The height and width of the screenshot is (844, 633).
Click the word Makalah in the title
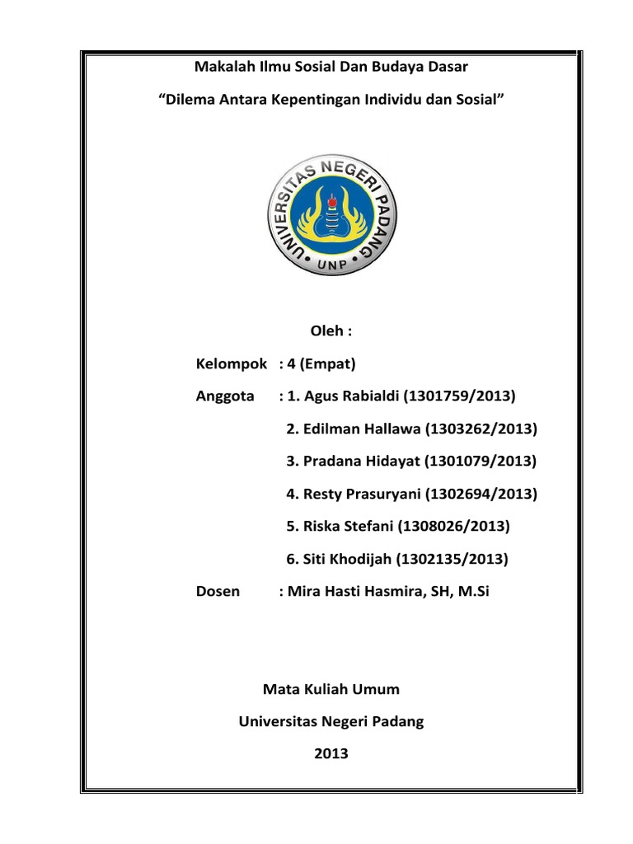(x=220, y=65)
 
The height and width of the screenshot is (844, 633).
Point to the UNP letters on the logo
(x=334, y=261)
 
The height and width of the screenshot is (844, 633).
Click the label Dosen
(x=218, y=591)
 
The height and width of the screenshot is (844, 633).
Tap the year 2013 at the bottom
(x=331, y=753)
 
